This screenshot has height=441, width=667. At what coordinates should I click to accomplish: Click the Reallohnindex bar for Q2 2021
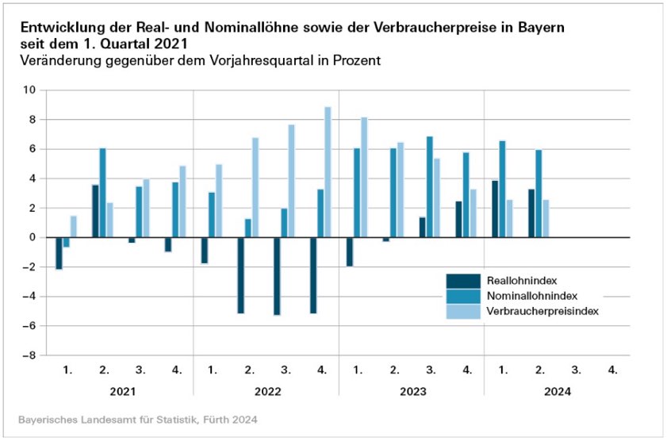[x=95, y=211]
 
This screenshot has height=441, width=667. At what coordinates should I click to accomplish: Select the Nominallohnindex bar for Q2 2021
[x=103, y=193]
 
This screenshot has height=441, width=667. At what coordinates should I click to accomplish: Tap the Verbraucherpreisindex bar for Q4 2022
[x=328, y=172]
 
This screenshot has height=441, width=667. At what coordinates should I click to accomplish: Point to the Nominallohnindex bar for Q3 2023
[x=430, y=187]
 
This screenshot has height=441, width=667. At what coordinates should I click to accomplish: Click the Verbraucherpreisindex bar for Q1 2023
[x=364, y=178]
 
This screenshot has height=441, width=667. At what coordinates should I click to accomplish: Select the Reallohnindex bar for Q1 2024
[x=495, y=209]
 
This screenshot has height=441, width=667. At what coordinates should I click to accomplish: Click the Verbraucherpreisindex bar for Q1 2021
[x=74, y=227]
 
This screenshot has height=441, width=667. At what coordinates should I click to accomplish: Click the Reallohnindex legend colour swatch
[x=463, y=281]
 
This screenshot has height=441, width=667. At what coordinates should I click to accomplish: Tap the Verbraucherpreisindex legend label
[x=541, y=311]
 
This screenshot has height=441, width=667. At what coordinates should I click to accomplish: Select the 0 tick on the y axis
[x=31, y=237]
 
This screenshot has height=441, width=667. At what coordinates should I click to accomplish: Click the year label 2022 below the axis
[x=267, y=391]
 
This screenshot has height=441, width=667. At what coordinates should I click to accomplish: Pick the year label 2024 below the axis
[x=558, y=391]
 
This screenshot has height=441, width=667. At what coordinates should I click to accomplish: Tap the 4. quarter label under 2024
[x=612, y=370]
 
